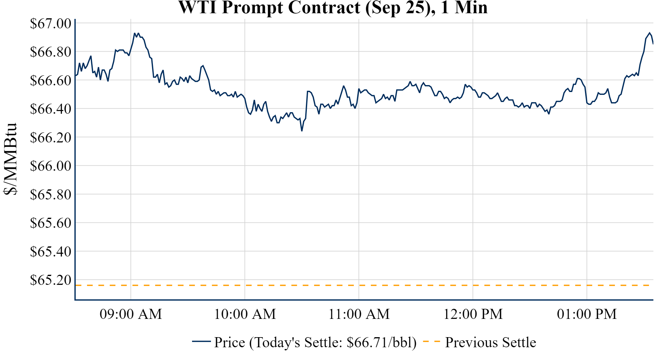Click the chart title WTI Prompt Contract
tap(333, 8)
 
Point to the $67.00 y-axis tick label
tap(50, 24)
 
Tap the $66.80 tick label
tap(50, 52)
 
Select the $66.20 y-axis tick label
tap(50, 138)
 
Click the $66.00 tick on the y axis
tap(50, 166)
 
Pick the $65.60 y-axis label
tap(50, 223)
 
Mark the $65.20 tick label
tap(50, 280)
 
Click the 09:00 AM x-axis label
tap(131, 314)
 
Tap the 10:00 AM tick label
tap(245, 314)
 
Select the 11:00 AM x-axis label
tap(359, 314)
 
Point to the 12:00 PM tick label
tap(473, 314)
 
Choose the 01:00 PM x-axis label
tap(587, 314)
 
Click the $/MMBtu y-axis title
tap(10, 159)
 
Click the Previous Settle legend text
tap(490, 343)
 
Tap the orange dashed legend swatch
tap(431, 342)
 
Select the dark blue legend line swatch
tap(201, 342)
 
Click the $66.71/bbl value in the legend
tap(381, 343)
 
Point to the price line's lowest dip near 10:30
tap(302, 130)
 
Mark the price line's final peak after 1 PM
tap(650, 33)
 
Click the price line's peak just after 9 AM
tap(135, 33)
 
